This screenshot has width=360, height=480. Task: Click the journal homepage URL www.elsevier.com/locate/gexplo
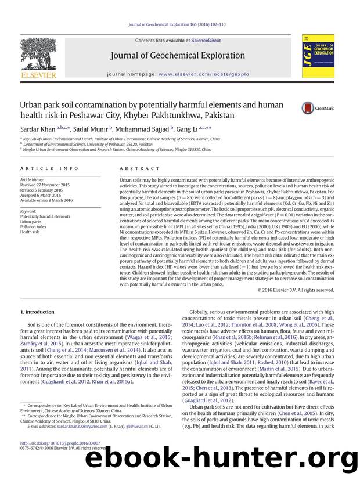pos(204,74)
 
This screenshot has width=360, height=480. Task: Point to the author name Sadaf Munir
pos(90,129)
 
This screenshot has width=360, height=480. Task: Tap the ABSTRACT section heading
pos(139,169)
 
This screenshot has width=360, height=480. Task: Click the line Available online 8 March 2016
pos(46,201)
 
